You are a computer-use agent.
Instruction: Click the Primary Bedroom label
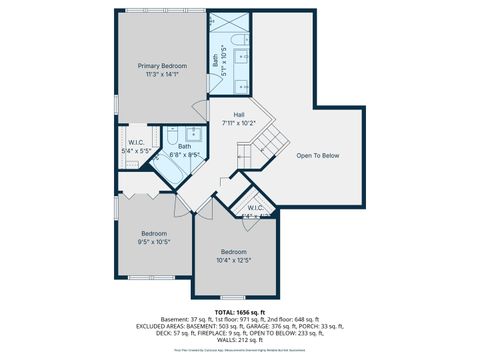162,65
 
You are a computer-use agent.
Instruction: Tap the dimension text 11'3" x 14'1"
162,74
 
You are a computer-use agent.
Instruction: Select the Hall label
239,114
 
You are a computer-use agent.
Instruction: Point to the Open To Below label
318,155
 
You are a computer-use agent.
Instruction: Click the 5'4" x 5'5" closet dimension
135,151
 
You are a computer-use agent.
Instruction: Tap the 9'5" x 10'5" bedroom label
154,242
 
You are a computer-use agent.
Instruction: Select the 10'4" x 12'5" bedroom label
233,260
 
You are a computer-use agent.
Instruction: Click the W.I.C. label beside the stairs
255,208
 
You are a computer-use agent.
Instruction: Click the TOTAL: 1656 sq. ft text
239,312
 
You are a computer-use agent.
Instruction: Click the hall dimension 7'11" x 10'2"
239,123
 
